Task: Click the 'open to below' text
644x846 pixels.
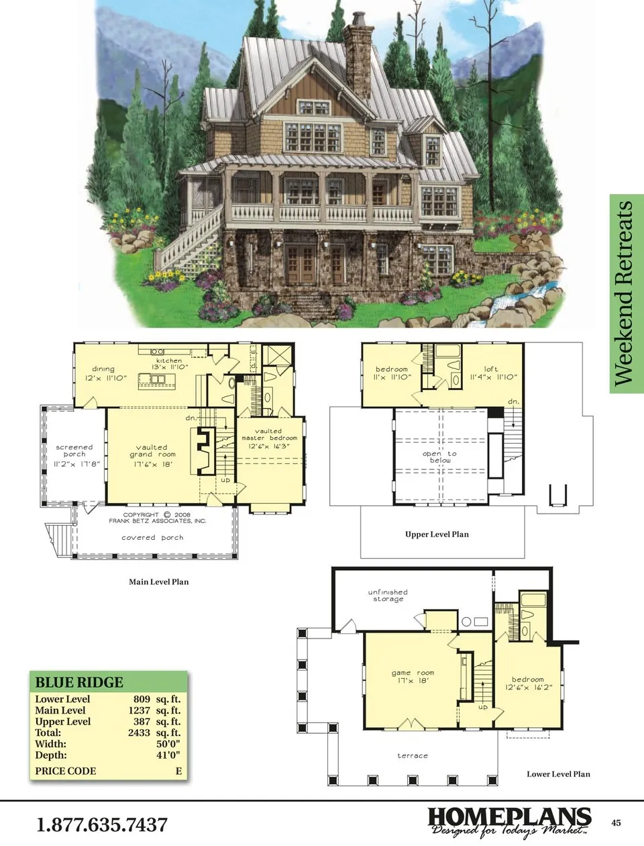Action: [x=439, y=457]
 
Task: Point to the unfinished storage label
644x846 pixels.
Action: [x=388, y=595]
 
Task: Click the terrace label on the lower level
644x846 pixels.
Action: [x=413, y=755]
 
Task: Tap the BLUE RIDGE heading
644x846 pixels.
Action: [x=79, y=682]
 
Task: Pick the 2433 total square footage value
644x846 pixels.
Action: [x=139, y=733]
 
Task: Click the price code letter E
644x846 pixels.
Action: [x=178, y=771]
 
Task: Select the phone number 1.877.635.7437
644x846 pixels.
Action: [x=102, y=824]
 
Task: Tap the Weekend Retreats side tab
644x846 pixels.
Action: [x=626, y=293]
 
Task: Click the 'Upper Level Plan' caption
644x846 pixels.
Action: [x=437, y=534]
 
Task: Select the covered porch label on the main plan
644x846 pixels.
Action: [x=152, y=537]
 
